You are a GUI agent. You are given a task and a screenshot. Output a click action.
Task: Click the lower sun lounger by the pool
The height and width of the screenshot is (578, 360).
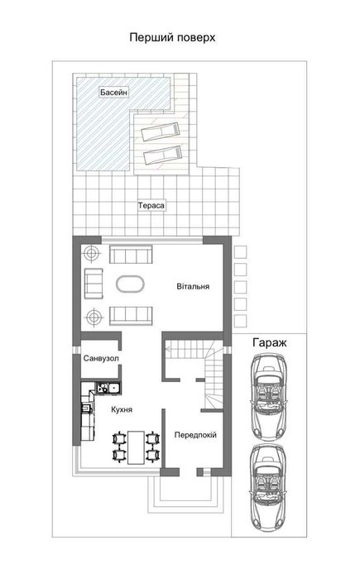click(x=162, y=154)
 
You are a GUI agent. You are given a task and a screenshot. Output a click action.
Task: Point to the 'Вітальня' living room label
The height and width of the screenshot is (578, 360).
click(x=193, y=287)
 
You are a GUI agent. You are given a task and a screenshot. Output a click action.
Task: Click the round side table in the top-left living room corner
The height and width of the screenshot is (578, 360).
click(x=94, y=254)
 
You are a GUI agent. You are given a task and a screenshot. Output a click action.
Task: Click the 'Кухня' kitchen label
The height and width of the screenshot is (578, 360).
click(x=122, y=410)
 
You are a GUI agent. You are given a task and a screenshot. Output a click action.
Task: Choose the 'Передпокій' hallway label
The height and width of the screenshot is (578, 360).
click(x=195, y=434)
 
